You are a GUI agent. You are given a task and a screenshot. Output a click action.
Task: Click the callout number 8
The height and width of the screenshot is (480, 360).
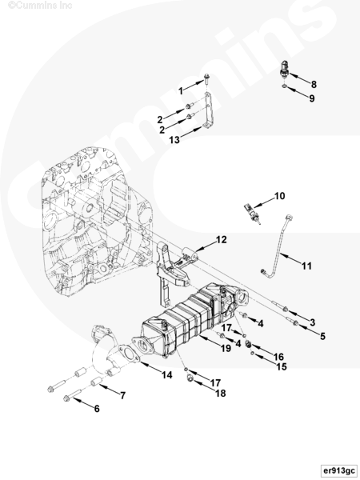click(x=314, y=85)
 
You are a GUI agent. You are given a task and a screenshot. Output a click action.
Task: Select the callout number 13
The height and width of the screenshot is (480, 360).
click(x=174, y=140)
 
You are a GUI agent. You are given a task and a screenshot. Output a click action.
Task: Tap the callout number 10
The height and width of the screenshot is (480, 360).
click(x=279, y=196)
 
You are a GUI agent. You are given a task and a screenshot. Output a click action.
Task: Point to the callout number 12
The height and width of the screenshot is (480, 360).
click(x=221, y=240)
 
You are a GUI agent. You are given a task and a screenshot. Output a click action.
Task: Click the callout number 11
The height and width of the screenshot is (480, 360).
click(x=306, y=266)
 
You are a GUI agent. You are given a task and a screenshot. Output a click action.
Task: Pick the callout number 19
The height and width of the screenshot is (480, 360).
click(x=226, y=348)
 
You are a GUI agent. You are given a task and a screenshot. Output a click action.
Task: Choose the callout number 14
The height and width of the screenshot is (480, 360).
click(x=167, y=374)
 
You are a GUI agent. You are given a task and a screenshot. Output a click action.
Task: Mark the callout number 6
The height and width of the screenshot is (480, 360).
click(x=97, y=408)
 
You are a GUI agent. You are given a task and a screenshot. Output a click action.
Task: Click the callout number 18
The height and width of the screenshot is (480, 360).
click(x=221, y=393)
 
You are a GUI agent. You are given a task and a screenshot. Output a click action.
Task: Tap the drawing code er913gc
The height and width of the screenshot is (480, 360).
click(x=339, y=470)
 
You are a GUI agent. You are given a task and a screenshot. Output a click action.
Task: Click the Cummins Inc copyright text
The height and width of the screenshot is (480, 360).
click(x=40, y=6)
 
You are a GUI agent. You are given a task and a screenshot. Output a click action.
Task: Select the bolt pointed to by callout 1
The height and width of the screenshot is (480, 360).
click(x=206, y=79)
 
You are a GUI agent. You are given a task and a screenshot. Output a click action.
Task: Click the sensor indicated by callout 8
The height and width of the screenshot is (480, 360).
click(x=284, y=70)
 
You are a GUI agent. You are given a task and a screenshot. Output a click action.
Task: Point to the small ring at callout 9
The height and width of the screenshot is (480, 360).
click(x=284, y=87)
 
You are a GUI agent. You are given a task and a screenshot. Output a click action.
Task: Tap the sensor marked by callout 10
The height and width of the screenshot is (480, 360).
click(x=252, y=214)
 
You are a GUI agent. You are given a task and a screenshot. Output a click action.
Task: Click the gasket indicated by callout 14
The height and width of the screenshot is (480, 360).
click(x=129, y=356)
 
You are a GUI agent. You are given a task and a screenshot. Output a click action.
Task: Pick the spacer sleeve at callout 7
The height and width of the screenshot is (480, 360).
click(x=96, y=382)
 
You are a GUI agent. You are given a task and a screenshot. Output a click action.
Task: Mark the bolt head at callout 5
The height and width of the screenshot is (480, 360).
click(x=295, y=322)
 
